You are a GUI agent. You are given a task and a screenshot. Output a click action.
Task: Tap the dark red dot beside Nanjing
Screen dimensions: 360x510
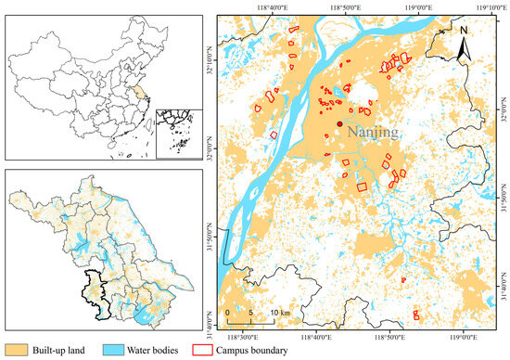341,122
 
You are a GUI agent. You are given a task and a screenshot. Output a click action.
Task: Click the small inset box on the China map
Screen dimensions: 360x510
177,129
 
